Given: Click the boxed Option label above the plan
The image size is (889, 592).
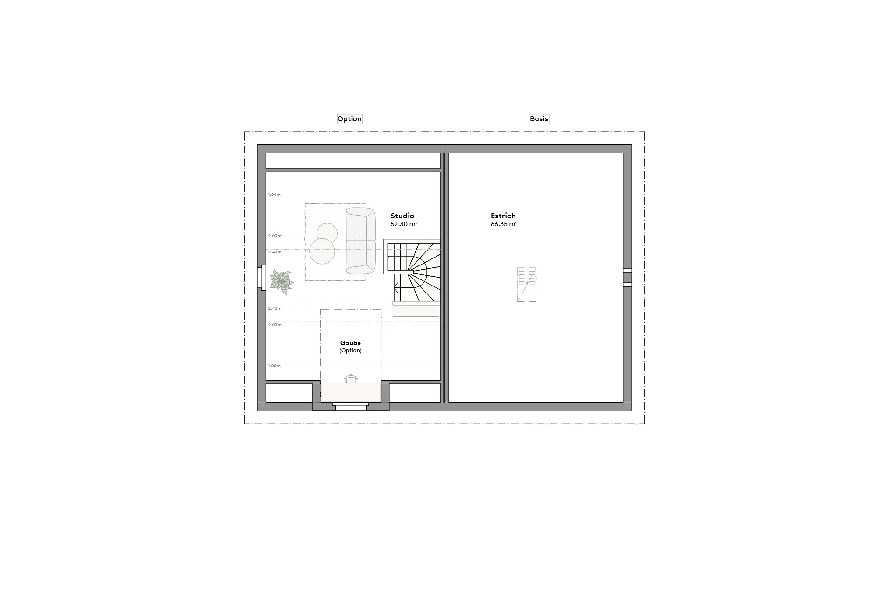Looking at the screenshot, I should [349, 119].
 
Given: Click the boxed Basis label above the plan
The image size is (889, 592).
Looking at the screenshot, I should [539, 119].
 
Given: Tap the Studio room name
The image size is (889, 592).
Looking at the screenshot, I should [402, 216].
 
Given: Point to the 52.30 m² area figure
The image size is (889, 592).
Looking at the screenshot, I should [404, 224].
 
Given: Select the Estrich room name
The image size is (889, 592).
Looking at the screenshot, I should [503, 216].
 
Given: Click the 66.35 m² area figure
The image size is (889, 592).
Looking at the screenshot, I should [504, 224].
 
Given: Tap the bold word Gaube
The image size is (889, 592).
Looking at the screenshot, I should [350, 343].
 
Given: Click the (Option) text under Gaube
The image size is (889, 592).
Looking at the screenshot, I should [350, 351].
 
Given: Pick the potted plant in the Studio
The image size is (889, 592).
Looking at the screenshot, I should [282, 282].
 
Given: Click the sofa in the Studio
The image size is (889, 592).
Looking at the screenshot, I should [360, 241].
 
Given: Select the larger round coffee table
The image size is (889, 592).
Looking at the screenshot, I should [322, 251].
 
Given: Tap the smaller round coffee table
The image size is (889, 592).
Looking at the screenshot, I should [327, 232].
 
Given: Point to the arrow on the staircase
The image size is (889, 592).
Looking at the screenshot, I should [396, 288].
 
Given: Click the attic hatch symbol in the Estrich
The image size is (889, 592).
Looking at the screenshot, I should [527, 285].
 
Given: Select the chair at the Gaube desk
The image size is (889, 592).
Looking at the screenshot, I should [350, 378].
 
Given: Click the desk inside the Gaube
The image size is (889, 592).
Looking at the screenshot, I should [351, 392].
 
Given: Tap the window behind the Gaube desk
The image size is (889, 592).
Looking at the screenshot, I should [350, 408].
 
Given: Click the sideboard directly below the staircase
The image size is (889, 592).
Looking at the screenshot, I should [416, 311].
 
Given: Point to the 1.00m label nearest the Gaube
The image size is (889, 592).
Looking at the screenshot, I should [274, 366].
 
